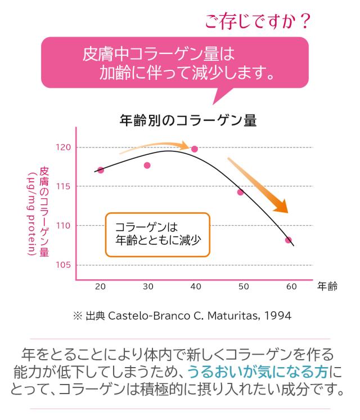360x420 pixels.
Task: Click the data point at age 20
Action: tap(101, 170)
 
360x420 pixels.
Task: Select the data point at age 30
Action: tap(147, 166)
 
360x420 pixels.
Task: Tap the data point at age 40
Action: tap(195, 149)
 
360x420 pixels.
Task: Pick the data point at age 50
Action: tap(240, 192)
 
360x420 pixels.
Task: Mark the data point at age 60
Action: tap(288, 240)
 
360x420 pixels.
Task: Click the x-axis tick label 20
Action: tap(101, 287)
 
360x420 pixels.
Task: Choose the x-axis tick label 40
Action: tap(196, 287)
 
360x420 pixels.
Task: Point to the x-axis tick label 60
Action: tap(291, 287)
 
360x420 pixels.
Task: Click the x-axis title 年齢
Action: tap(327, 286)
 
